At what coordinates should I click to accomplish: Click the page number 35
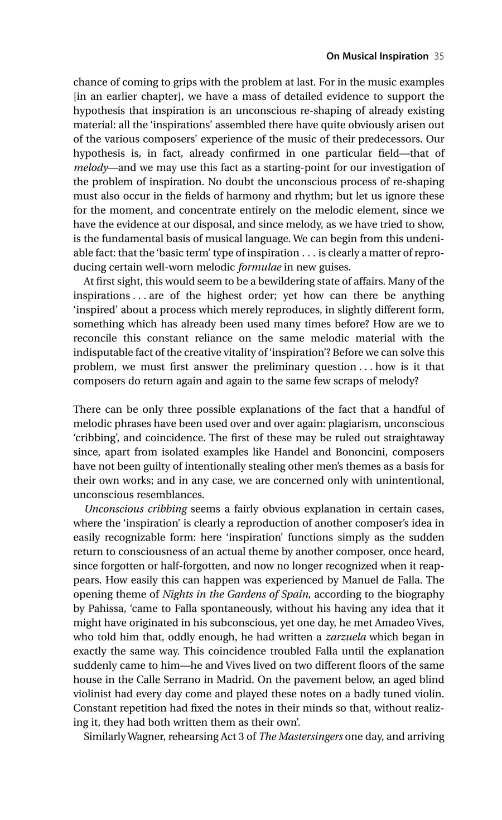(x=438, y=56)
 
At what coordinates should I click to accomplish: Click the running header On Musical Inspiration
(x=369, y=56)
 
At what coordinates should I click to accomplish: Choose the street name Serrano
(x=185, y=680)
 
